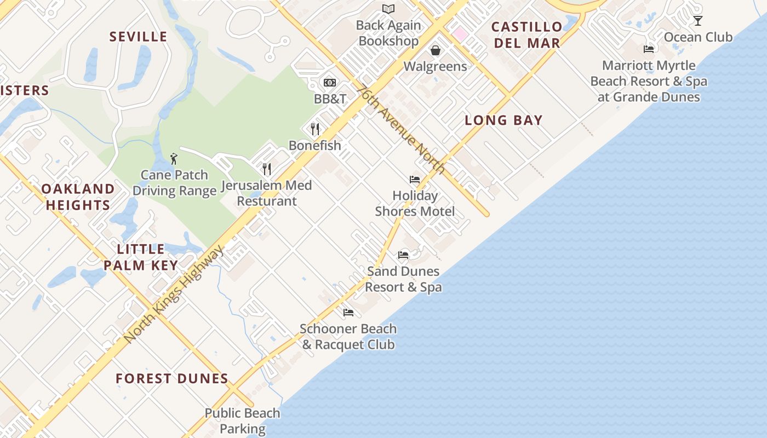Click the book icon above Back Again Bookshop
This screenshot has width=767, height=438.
point(388,9)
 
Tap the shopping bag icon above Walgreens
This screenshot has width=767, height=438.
point(436,50)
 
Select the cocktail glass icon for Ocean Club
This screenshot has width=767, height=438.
point(697,21)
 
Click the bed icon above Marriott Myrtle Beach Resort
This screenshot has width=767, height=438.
point(649,49)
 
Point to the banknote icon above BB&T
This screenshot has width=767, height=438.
point(329,82)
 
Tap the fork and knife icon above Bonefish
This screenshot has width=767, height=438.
point(314,129)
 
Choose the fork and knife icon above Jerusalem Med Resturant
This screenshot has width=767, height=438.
point(267,169)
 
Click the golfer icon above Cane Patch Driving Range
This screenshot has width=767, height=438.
point(174,159)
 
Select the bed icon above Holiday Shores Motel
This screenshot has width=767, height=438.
point(415,180)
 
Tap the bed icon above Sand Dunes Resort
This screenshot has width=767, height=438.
point(403,255)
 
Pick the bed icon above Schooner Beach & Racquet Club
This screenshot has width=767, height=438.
point(348,313)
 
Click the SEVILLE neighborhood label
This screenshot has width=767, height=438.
point(138,37)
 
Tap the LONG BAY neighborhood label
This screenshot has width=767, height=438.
point(503,120)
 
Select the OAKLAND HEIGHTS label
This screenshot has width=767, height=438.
point(78,197)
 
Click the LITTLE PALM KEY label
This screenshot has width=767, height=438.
point(141,257)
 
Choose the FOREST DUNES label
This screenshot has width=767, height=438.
point(172,378)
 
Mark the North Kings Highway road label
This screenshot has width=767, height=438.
point(174,295)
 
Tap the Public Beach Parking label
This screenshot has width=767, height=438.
point(242,421)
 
